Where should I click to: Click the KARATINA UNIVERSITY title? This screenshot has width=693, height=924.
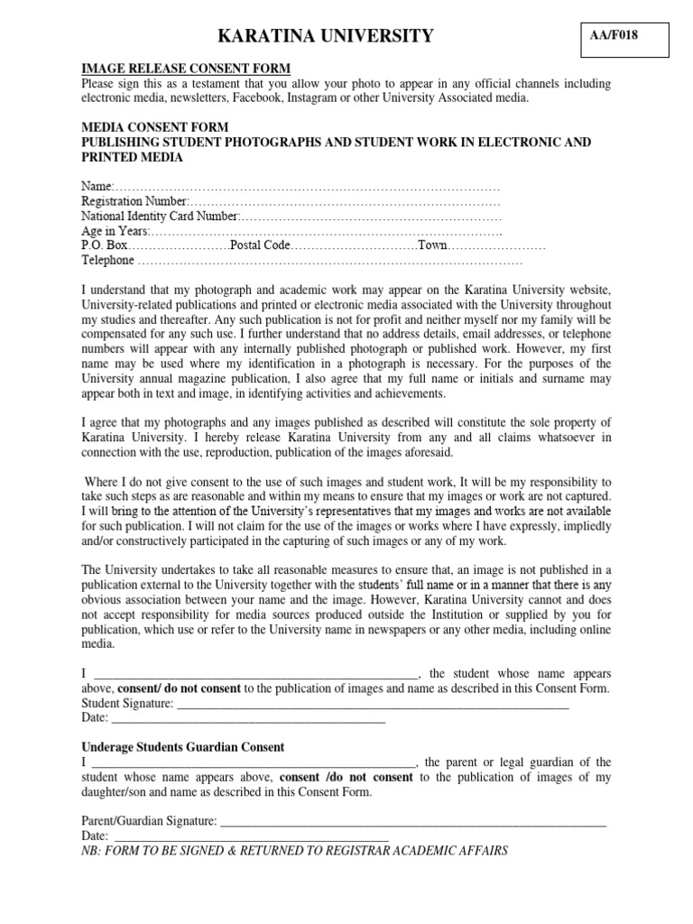point(325,36)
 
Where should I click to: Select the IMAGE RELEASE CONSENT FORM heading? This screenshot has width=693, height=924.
point(186,68)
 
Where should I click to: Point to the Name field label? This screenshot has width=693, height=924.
point(95,186)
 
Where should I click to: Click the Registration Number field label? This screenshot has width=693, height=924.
point(134,201)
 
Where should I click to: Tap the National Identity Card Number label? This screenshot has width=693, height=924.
point(160,217)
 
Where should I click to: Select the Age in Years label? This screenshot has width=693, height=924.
point(115,231)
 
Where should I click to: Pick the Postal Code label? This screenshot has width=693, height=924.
point(261,245)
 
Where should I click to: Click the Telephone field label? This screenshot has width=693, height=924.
point(107,261)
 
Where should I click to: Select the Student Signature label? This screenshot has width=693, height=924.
point(127,703)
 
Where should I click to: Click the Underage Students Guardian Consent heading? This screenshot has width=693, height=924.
point(183,747)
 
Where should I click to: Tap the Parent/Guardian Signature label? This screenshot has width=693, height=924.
point(149,821)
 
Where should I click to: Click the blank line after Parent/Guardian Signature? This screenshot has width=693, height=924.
point(413,823)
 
